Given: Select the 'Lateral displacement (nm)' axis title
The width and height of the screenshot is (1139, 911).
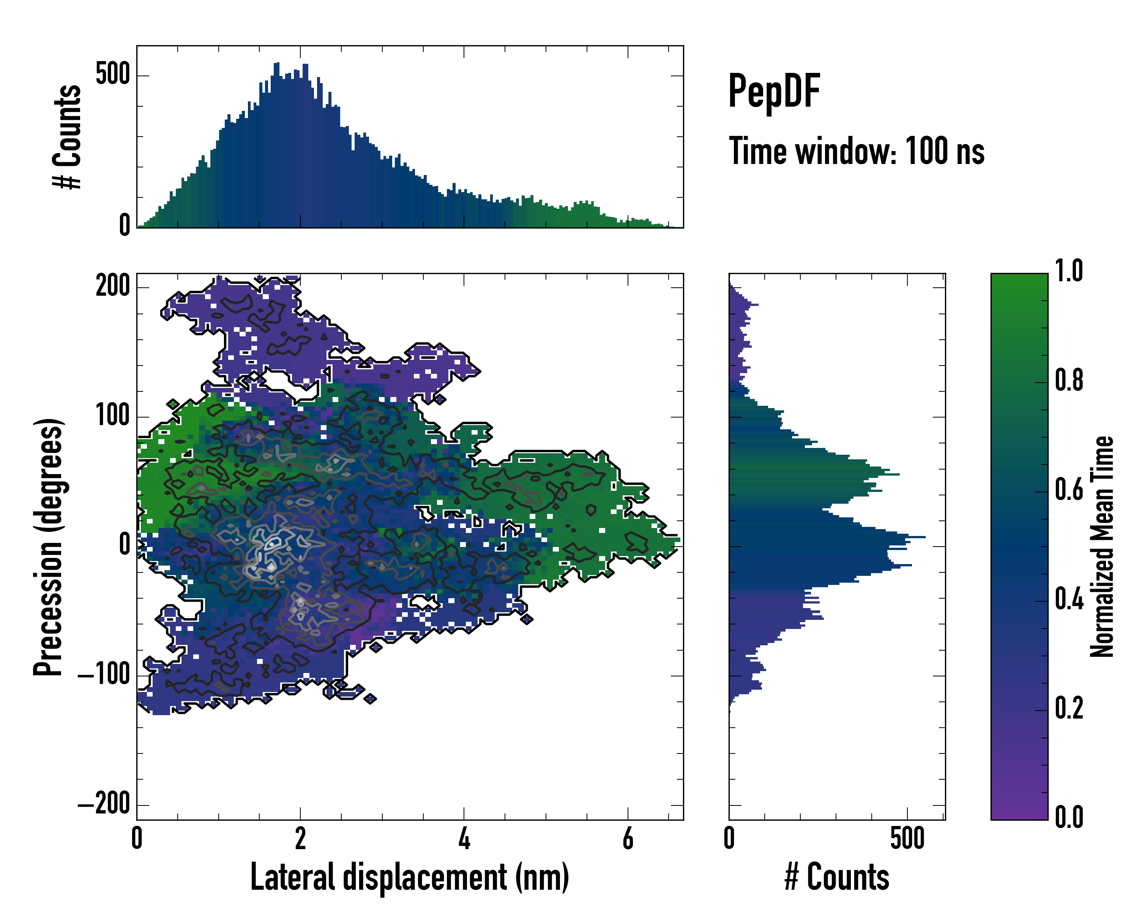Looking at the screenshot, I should point(409,877).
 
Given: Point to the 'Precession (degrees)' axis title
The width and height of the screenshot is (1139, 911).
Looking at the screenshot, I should point(49,547).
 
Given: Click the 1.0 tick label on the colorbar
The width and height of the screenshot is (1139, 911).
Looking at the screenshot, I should point(1069,271).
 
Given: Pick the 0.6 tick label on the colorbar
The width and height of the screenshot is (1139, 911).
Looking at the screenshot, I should point(1069,490).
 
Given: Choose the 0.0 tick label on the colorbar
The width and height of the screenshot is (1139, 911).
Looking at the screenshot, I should point(1069,816).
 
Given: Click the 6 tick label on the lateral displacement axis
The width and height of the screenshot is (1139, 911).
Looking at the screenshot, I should point(628,838).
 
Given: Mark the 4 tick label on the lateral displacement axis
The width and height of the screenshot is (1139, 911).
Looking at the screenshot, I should point(464,838).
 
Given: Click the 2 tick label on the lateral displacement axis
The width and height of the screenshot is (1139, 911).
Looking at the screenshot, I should point(300,838).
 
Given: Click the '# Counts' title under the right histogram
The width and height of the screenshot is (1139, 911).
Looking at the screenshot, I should point(836,877).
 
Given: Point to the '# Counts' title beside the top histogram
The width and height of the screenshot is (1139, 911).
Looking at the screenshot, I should point(67,136).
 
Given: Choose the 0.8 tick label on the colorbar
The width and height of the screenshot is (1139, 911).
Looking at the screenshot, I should point(1069,380).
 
